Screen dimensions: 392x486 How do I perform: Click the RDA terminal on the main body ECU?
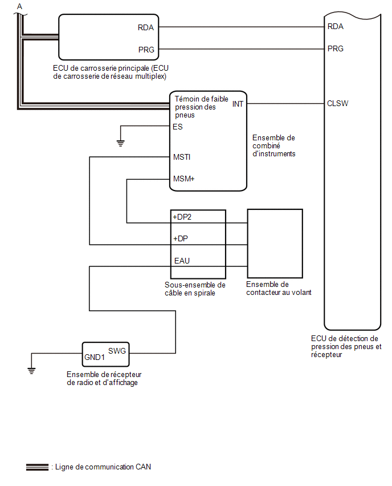(145, 27)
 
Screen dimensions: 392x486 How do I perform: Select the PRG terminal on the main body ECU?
(146, 50)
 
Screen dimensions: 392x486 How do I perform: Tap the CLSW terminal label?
(337, 103)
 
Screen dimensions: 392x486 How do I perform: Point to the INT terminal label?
(238, 104)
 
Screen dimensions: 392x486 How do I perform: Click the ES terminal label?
(178, 127)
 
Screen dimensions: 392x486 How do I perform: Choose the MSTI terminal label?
(182, 157)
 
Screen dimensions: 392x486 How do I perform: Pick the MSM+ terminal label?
(183, 179)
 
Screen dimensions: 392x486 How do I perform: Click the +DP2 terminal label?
(182, 217)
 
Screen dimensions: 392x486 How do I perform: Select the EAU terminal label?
(182, 261)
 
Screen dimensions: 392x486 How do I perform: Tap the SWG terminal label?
(117, 351)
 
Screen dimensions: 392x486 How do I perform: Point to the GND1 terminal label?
(95, 358)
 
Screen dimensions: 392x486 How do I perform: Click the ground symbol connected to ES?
(120, 143)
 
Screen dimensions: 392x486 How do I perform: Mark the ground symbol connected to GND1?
(31, 371)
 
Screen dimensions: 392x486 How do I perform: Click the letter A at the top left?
(19, 6)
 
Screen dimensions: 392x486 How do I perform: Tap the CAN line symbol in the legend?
(37, 467)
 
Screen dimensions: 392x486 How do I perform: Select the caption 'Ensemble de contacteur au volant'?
(279, 288)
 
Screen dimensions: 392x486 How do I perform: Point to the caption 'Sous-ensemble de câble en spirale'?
(195, 289)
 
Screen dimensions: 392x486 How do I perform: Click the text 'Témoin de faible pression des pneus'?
(201, 107)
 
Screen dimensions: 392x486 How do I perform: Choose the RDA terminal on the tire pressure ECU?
(336, 27)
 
